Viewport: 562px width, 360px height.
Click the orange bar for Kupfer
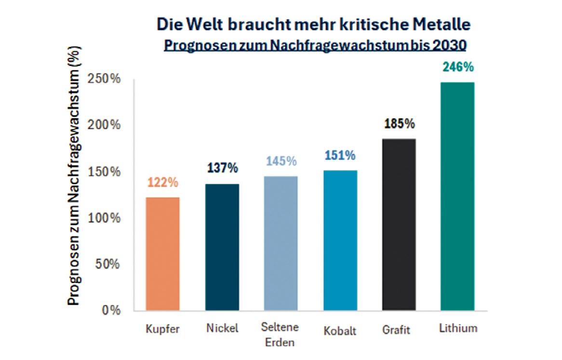[x=162, y=253]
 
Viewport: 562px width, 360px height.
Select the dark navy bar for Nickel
[x=222, y=247]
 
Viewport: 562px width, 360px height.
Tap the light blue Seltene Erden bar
[x=281, y=243]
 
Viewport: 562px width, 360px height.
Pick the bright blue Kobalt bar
[x=340, y=240]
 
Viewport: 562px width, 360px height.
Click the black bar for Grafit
[x=399, y=225]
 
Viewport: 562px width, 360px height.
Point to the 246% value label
[x=458, y=67]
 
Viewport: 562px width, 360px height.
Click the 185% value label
[x=399, y=124]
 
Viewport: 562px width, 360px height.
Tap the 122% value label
[x=162, y=183]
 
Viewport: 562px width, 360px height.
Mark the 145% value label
[x=281, y=161]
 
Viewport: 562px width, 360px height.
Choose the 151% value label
[x=340, y=156]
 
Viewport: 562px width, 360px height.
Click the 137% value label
[x=222, y=168]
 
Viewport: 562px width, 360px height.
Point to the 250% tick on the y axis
[x=104, y=79]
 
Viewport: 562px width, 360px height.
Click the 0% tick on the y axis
[x=111, y=310]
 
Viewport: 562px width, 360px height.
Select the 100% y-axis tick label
[x=104, y=218]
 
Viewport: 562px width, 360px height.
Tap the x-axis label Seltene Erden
[x=280, y=335]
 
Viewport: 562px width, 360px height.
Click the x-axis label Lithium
[x=458, y=328]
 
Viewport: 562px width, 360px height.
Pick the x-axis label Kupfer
[x=162, y=330]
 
